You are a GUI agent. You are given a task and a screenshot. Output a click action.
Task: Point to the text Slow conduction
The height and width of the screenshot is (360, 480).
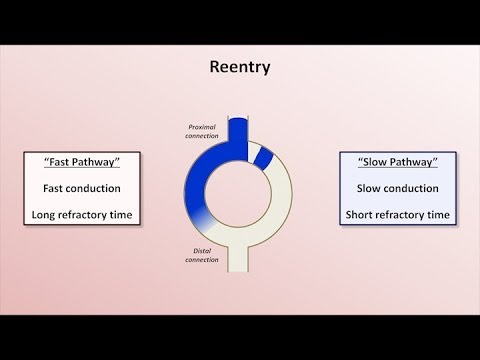[397, 188]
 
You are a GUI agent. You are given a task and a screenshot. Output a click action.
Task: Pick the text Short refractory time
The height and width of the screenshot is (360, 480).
[397, 213]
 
